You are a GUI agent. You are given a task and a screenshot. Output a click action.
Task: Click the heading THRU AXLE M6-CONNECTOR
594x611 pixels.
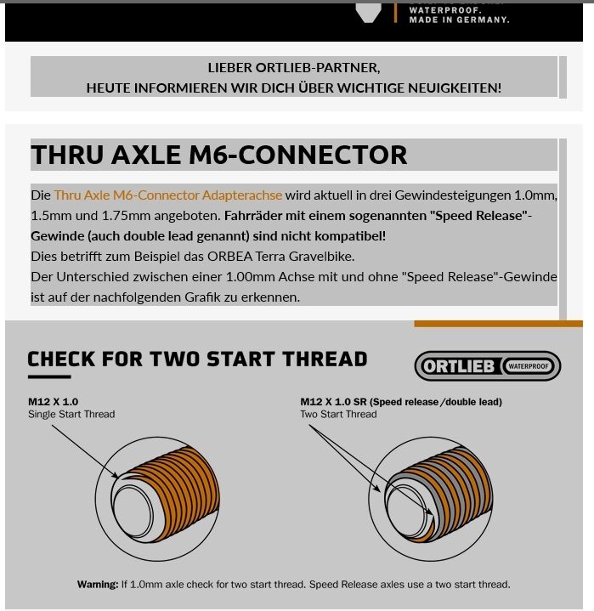[218, 155]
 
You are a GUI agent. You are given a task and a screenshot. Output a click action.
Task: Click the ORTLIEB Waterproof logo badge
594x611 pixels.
[487, 366]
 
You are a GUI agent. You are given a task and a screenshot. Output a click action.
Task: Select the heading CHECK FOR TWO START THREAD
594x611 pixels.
[197, 359]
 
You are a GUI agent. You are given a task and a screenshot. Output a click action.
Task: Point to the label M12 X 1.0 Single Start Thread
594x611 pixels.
[71, 408]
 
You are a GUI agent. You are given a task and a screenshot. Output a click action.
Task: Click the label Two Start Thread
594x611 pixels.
[337, 415]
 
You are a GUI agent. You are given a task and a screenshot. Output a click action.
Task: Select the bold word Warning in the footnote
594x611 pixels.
[97, 585]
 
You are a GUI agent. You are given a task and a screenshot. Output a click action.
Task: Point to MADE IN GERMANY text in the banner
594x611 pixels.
[459, 20]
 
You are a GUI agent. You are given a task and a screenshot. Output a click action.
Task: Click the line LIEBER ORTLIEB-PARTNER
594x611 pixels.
[294, 68]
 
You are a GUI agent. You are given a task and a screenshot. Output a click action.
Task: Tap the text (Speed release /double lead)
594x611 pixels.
[435, 402]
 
